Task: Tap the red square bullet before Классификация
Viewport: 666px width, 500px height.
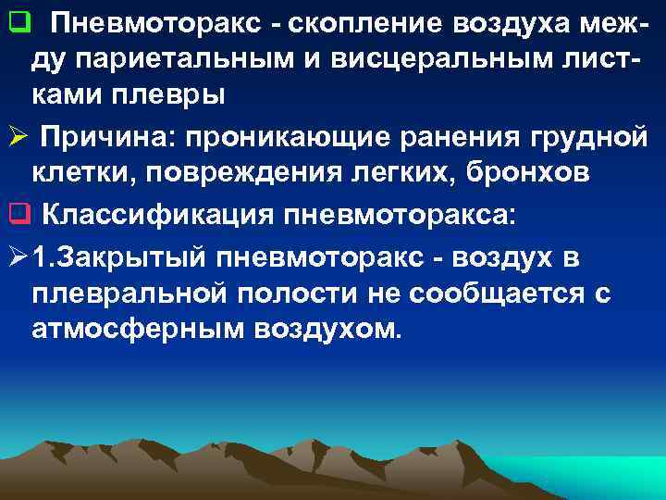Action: [16, 216]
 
